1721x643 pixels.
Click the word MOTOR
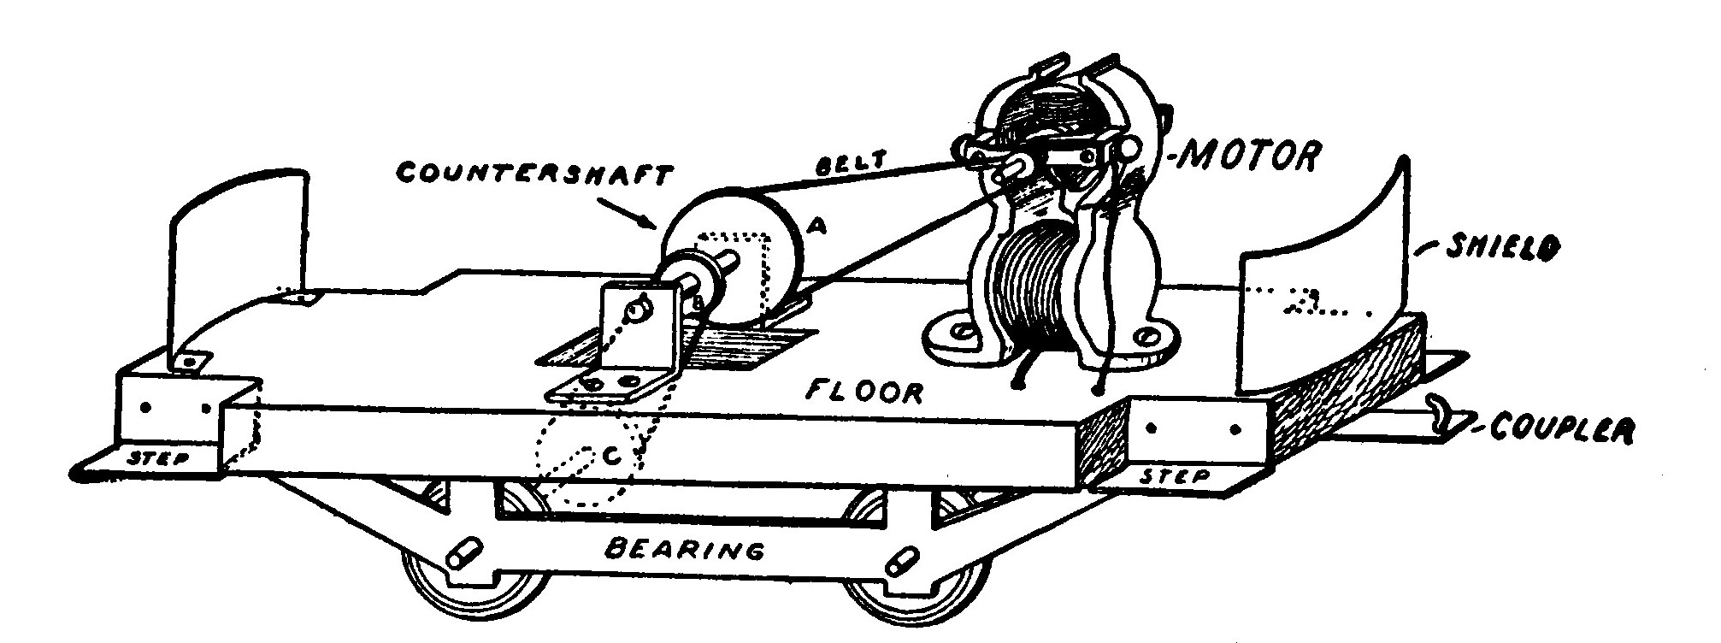coord(1249,156)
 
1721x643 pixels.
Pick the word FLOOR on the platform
coord(865,392)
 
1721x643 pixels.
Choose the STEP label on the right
coord(1174,475)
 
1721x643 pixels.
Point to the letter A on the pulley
coord(816,226)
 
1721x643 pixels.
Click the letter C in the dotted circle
coord(610,457)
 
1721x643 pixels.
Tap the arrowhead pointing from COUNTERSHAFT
coord(652,226)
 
